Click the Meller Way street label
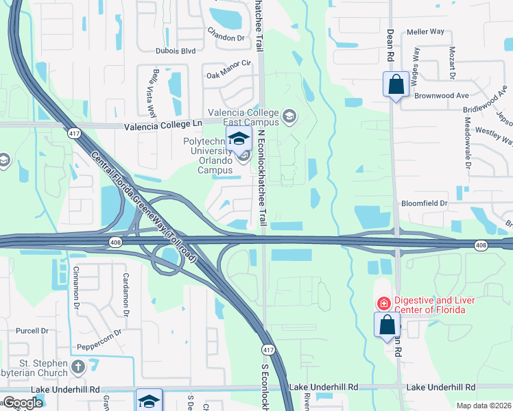pos(425,32)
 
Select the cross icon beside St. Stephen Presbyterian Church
pos(77,367)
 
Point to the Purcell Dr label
pos(35,330)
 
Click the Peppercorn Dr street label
pos(99,332)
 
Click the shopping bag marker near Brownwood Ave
pos(396,85)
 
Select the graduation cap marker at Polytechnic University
pos(239,138)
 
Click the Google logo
pos(23,403)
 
